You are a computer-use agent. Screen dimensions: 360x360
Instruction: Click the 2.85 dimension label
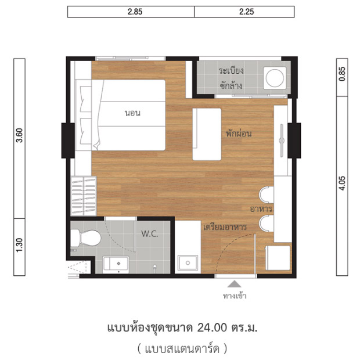tap(131, 12)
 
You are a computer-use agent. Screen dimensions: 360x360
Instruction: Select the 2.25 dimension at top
tap(245, 12)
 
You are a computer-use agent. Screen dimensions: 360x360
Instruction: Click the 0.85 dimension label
tap(343, 74)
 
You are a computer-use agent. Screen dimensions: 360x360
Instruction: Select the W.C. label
tap(149, 234)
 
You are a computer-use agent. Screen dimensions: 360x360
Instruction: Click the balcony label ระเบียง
tap(231, 70)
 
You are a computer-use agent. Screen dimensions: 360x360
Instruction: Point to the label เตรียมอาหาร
tap(225, 227)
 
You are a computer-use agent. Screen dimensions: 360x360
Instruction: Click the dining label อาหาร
tap(261, 208)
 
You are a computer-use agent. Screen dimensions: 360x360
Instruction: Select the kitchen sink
tap(187, 262)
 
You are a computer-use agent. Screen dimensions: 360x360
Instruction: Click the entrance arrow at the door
tap(235, 285)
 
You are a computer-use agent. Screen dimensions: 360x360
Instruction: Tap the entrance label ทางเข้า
tap(235, 296)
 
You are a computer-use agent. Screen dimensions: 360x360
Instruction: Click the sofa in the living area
tap(207, 134)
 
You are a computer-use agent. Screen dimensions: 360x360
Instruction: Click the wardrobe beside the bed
tap(81, 196)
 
